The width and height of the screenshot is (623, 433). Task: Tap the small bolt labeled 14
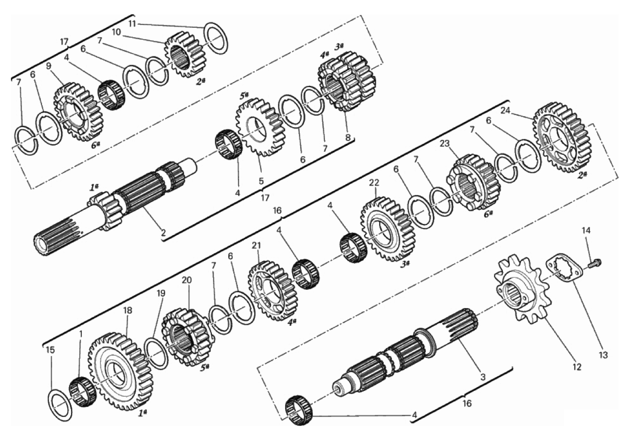tap(594, 263)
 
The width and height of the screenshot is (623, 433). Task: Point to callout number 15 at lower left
tap(51, 350)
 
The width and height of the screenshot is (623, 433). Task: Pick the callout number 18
tap(128, 311)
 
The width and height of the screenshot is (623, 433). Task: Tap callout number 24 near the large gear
tap(506, 111)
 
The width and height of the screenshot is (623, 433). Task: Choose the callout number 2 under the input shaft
tap(163, 233)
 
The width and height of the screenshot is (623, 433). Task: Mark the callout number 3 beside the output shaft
tap(483, 377)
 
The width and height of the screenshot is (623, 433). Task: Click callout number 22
tap(374, 183)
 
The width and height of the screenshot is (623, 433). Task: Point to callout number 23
tap(445, 144)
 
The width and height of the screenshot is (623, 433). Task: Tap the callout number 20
tap(187, 280)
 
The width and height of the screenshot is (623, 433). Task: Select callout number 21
tap(256, 245)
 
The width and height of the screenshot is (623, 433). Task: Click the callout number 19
tap(160, 293)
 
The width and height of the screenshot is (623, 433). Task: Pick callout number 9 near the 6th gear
tap(49, 66)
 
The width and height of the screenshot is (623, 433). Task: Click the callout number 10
tap(117, 32)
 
